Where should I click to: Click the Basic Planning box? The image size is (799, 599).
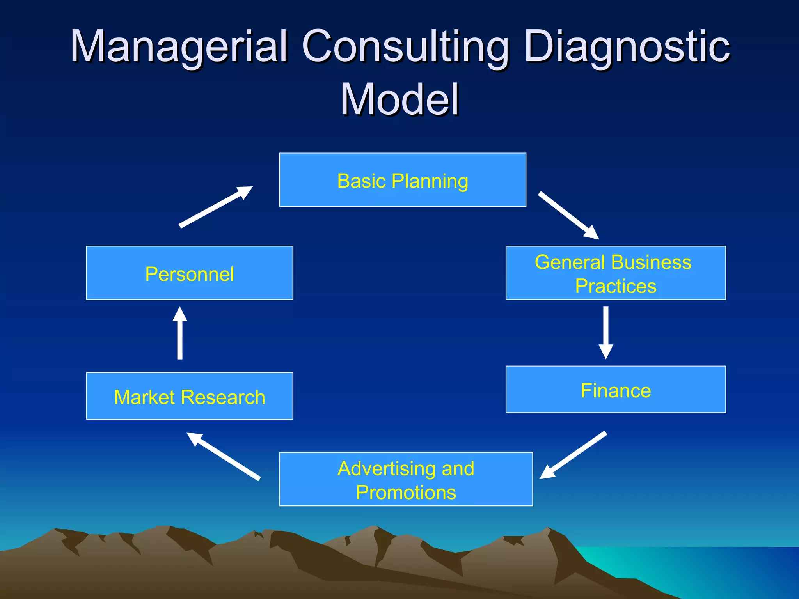pyautogui.click(x=403, y=180)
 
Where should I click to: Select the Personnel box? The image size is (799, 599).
pyautogui.click(x=190, y=273)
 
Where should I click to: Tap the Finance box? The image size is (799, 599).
pyautogui.click(x=616, y=389)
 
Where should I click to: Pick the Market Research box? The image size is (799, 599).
pyautogui.click(x=190, y=396)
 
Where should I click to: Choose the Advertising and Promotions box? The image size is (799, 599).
pyautogui.click(x=406, y=479)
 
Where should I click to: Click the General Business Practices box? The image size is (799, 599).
pyautogui.click(x=616, y=273)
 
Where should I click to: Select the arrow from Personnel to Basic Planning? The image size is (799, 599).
pyautogui.click(x=216, y=207)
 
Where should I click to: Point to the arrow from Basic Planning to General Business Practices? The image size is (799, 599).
pyautogui.click(x=568, y=215)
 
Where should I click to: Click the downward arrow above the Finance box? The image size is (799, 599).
pyautogui.click(x=606, y=332)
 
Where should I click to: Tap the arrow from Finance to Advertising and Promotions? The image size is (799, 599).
pyautogui.click(x=573, y=455)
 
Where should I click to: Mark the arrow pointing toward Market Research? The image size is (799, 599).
pyautogui.click(x=224, y=456)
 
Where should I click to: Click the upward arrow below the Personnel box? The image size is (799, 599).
pyautogui.click(x=180, y=333)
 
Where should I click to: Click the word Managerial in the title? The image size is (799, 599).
pyautogui.click(x=179, y=46)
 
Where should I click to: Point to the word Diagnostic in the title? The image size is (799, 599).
pyautogui.click(x=627, y=46)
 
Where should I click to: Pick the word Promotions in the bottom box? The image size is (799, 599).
pyautogui.click(x=406, y=492)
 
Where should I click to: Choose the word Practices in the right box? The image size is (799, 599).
pyautogui.click(x=616, y=286)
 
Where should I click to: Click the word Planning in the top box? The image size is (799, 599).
pyautogui.click(x=430, y=181)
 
